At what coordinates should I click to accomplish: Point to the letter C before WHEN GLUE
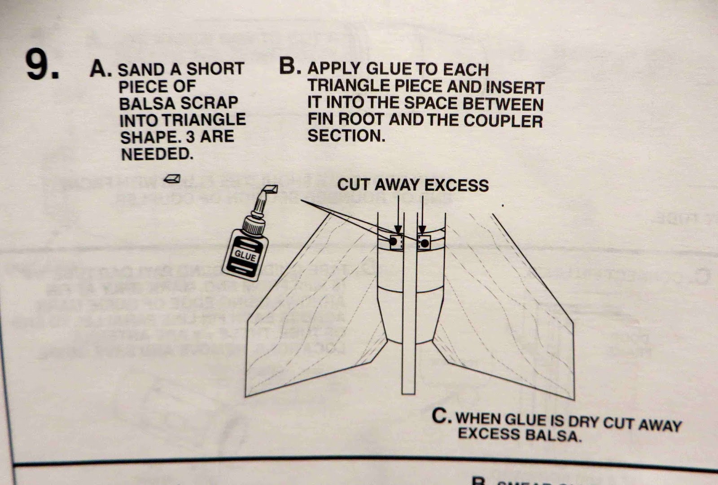pos(440,416)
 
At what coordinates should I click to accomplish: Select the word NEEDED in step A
pos(157,154)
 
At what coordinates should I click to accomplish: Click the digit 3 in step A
pos(192,137)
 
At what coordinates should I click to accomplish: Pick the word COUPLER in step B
pos(503,121)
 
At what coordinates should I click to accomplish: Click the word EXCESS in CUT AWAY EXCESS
pos(456,185)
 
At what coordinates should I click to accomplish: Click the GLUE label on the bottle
pos(245,256)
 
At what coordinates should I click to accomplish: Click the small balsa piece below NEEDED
pos(172,179)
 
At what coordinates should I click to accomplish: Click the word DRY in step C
pos(583,422)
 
